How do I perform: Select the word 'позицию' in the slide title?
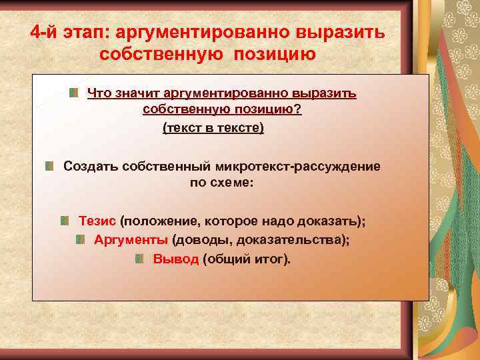tap(274, 54)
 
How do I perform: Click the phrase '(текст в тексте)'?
tap(213, 127)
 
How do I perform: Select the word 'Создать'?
tap(91, 166)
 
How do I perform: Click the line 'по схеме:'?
tap(222, 182)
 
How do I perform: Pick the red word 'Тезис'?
tap(97, 221)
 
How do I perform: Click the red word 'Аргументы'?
tap(131, 240)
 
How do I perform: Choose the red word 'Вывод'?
tap(176, 259)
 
